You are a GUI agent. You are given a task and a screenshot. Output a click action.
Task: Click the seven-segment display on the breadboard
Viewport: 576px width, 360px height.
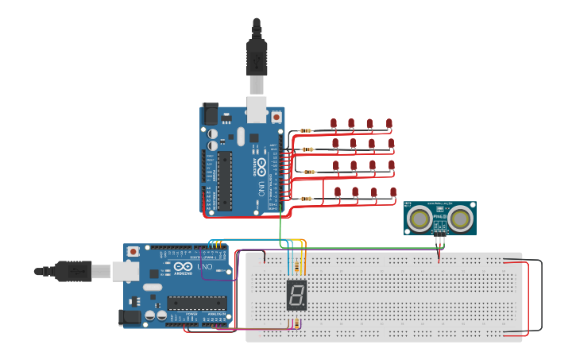pyautogui.click(x=296, y=295)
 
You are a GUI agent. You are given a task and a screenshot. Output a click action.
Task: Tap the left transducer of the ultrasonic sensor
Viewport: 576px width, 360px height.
pyautogui.click(x=419, y=219)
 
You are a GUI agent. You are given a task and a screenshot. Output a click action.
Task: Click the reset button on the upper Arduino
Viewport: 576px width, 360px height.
pyautogui.click(x=276, y=116)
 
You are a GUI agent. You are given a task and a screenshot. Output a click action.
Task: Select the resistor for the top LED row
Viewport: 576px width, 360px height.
pyautogui.click(x=305, y=130)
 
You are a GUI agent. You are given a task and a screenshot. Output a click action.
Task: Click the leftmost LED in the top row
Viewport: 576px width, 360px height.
pyautogui.click(x=333, y=123)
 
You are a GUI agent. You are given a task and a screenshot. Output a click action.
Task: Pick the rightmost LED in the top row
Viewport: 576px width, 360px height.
pyautogui.click(x=389, y=123)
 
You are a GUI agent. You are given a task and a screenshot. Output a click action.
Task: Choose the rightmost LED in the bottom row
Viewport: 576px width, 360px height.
pyautogui.click(x=393, y=192)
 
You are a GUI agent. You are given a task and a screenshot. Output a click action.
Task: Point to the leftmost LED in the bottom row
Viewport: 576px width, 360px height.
pyautogui.click(x=338, y=192)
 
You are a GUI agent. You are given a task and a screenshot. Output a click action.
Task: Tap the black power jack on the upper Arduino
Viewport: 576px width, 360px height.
pyautogui.click(x=210, y=113)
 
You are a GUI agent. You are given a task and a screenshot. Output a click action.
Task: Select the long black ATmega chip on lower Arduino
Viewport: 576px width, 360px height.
pyautogui.click(x=196, y=303)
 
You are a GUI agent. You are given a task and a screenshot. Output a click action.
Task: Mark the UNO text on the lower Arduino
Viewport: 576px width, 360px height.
pyautogui.click(x=205, y=267)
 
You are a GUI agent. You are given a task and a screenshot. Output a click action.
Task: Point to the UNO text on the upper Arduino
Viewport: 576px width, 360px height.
pyautogui.click(x=261, y=188)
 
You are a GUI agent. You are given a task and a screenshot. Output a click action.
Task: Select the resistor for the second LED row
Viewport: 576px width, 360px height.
pyautogui.click(x=307, y=149)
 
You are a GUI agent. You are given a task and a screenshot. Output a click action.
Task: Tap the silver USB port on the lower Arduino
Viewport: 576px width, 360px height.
pyautogui.click(x=124, y=272)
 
